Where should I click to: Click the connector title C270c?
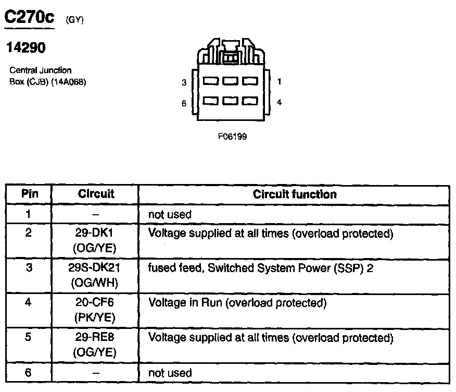pyautogui.click(x=30, y=18)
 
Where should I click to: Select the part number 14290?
pyautogui.click(x=26, y=48)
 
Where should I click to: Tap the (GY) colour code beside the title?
pyautogui.click(x=74, y=20)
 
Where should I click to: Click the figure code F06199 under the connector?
pyautogui.click(x=233, y=137)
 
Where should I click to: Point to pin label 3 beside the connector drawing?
pyautogui.click(x=184, y=82)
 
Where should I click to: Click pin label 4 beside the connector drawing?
pyautogui.click(x=280, y=103)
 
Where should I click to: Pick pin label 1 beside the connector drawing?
pyautogui.click(x=280, y=81)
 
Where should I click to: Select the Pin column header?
pyautogui.click(x=29, y=194)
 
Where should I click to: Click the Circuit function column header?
pyautogui.click(x=295, y=194)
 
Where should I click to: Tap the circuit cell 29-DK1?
pyautogui.click(x=96, y=234)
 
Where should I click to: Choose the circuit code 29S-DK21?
pyautogui.click(x=96, y=268)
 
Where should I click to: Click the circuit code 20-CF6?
pyautogui.click(x=96, y=303)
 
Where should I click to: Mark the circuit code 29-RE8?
pyautogui.click(x=96, y=338)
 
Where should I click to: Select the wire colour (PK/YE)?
pyautogui.click(x=96, y=317)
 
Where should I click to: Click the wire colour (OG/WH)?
pyautogui.click(x=96, y=283)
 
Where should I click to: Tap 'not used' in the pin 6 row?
pyautogui.click(x=170, y=373)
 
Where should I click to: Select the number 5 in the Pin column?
pyautogui.click(x=29, y=338)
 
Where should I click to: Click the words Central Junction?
pyautogui.click(x=41, y=70)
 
